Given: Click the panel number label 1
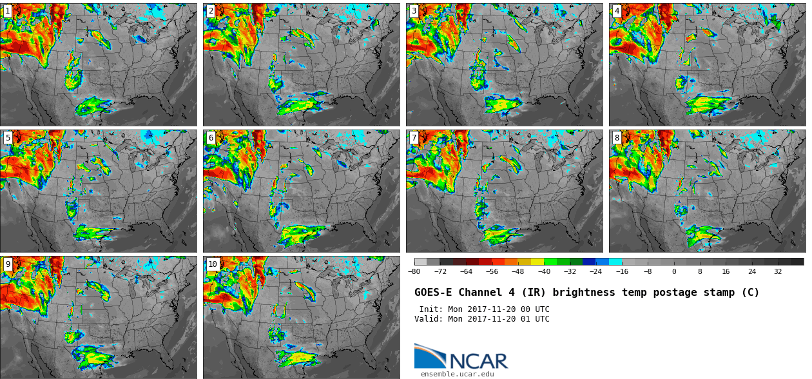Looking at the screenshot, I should (x=8, y=11).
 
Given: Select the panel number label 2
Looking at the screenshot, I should (x=211, y=11).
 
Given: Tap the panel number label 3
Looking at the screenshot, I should (x=414, y=11).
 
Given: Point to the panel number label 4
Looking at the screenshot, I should (x=617, y=11).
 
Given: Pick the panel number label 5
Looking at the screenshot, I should (x=8, y=138).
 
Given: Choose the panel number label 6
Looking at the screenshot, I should (x=211, y=138).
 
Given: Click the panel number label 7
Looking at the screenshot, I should (x=414, y=138).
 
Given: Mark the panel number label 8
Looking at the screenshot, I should (x=617, y=138).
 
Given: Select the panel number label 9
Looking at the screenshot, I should (x=8, y=264).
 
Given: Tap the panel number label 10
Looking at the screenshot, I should (x=213, y=264).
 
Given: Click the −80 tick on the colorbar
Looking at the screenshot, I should (x=414, y=272).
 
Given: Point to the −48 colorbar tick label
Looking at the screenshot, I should (x=518, y=272).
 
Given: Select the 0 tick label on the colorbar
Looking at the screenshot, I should (x=674, y=272).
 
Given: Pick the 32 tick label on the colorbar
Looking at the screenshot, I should (x=778, y=272).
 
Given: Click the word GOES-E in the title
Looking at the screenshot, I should (x=433, y=293).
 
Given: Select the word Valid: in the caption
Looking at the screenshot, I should (x=429, y=319).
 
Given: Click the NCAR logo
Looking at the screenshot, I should (x=461, y=357).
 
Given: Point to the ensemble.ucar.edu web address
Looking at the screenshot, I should (x=458, y=374).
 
